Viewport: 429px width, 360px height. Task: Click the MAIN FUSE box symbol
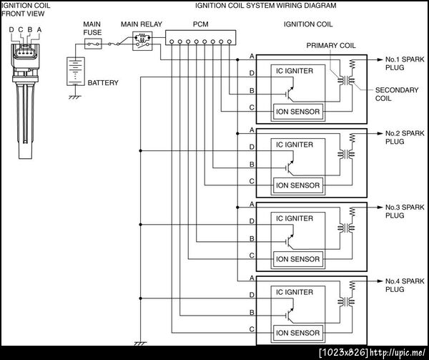[93, 44]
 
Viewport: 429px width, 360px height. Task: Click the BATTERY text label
[103, 83]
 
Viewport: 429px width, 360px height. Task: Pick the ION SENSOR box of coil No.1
[298, 111]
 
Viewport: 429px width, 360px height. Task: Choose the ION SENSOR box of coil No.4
[298, 333]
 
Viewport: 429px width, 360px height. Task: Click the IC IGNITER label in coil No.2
[295, 145]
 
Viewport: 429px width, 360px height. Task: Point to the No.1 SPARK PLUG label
[404, 64]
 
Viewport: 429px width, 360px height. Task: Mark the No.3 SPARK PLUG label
[404, 211]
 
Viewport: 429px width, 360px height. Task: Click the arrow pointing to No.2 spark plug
[377, 133]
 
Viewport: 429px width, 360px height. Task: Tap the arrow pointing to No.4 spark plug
[377, 281]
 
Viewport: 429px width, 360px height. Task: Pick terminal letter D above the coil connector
[11, 29]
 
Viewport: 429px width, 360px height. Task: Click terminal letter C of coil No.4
[251, 329]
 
